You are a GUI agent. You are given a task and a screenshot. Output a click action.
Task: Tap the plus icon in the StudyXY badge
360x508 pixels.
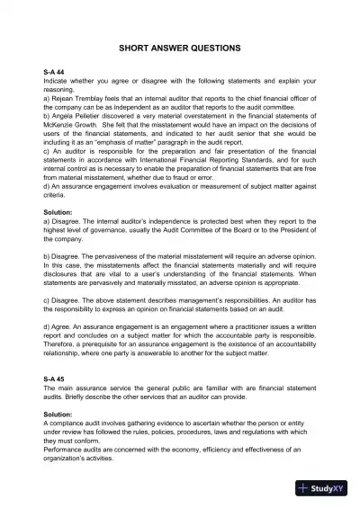[x=306, y=490]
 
